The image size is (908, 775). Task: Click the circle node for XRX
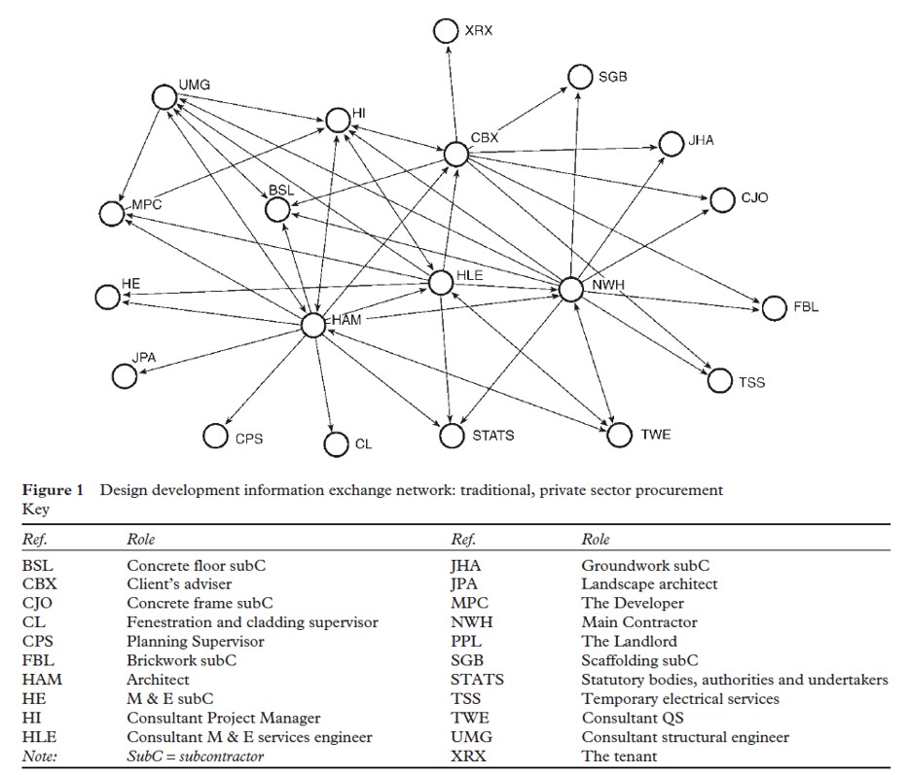(445, 30)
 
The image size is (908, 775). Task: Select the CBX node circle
(455, 154)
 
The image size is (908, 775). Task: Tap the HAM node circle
(312, 326)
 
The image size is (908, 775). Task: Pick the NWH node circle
(571, 289)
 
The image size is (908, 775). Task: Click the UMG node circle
(164, 96)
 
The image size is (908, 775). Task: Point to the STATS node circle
(452, 437)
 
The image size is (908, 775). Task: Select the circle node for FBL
(774, 308)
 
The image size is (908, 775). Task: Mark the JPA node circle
(124, 375)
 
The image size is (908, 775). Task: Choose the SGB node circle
(580, 77)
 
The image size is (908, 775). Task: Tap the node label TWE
(656, 435)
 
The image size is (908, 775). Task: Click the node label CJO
(754, 198)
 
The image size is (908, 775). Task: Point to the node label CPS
(249, 439)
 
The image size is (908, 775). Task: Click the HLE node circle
(441, 282)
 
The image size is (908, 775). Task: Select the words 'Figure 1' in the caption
(53, 490)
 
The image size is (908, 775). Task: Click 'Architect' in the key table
(158, 680)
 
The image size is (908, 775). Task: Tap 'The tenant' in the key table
(619, 756)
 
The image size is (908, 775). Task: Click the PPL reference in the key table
(467, 641)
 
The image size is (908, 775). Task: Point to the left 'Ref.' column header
(34, 539)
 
